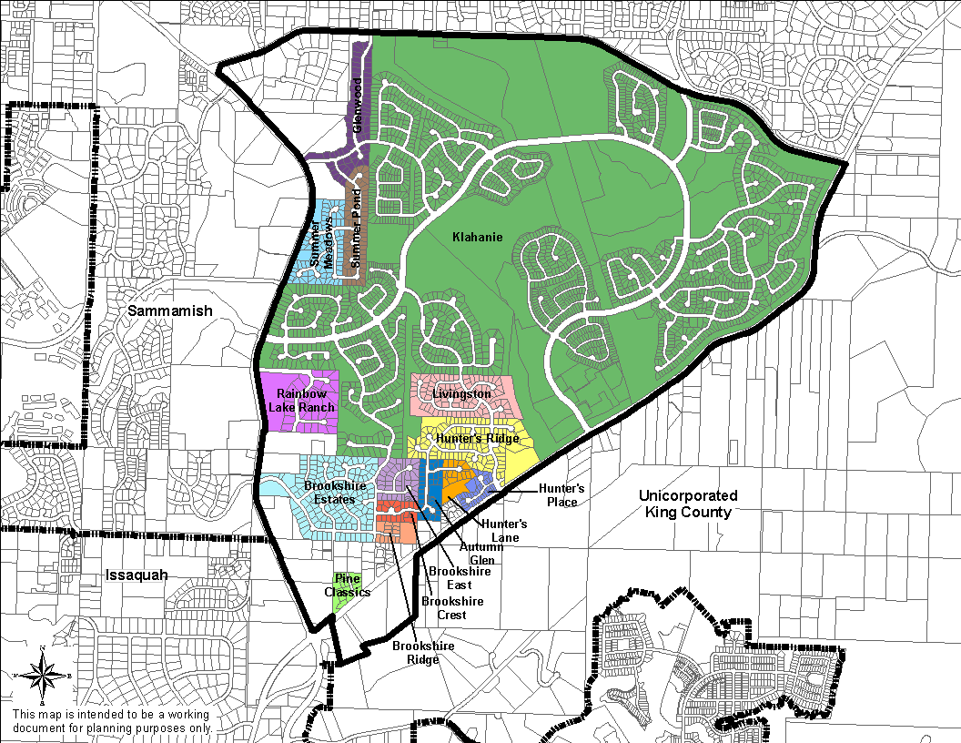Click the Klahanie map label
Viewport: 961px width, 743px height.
[478, 238]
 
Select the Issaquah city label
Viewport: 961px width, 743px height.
[137, 575]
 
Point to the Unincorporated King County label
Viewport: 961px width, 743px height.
[688, 504]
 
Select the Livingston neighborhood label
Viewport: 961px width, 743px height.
[461, 394]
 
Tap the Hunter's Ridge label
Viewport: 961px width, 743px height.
[478, 439]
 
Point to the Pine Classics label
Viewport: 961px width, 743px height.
[348, 585]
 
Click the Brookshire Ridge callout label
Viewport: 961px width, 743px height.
[422, 652]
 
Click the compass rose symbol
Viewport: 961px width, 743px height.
[43, 675]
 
